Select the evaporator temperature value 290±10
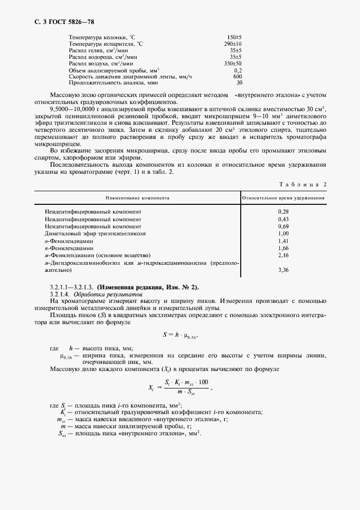click(x=234, y=43)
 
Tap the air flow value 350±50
click(x=234, y=64)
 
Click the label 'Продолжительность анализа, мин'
click(x=113, y=83)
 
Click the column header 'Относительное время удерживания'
click(x=283, y=198)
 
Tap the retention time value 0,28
click(x=283, y=210)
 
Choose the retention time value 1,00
click(x=283, y=233)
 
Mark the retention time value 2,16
click(x=283, y=255)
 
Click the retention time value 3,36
click(x=283, y=270)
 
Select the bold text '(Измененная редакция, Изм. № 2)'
click(x=148, y=287)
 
